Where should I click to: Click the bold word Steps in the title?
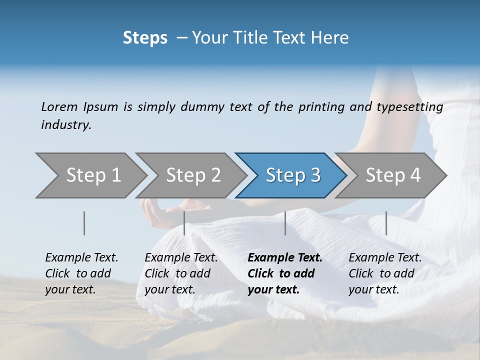(x=145, y=38)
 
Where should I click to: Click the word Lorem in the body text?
(x=58, y=106)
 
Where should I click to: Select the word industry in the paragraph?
(x=66, y=124)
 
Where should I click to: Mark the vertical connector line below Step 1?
(x=84, y=223)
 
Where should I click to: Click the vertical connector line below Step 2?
(x=184, y=223)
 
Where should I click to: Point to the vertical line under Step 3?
(x=285, y=223)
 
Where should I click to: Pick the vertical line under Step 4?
(x=386, y=223)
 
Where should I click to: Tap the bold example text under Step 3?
(x=284, y=273)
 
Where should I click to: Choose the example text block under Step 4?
(x=384, y=273)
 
